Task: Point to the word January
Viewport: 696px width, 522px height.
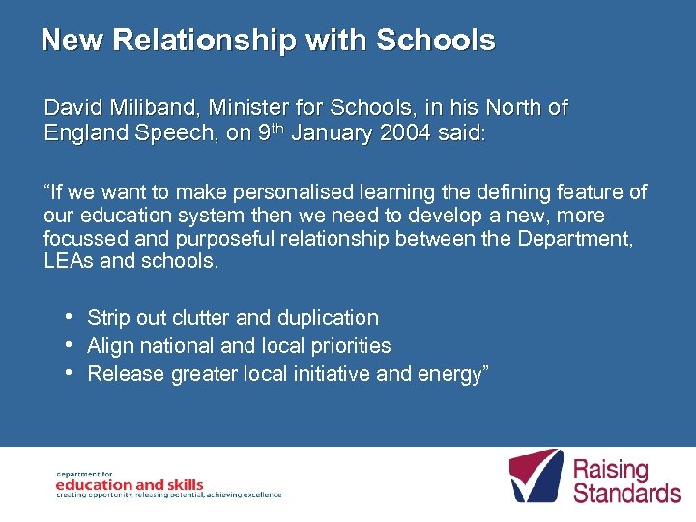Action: tap(330, 133)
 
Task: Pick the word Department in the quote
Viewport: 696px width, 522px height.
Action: tap(578, 239)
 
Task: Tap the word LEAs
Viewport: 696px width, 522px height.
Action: tap(69, 262)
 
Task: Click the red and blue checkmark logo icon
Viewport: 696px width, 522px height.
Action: tap(535, 475)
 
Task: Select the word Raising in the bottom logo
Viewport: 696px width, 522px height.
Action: tap(611, 471)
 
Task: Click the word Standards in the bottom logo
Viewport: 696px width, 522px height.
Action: tap(626, 493)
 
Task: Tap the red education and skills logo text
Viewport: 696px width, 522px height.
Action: tap(130, 484)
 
